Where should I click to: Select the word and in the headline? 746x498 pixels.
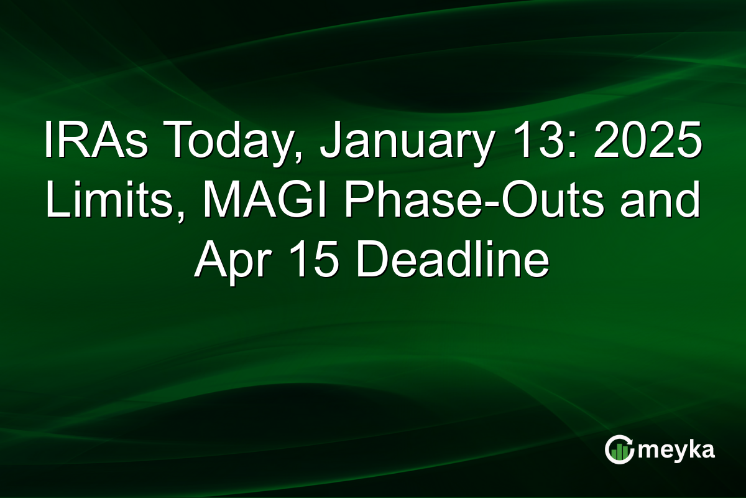pyautogui.click(x=661, y=203)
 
